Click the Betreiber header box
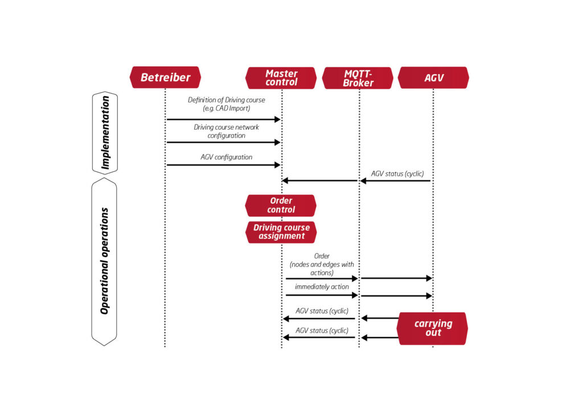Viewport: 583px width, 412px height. point(165,77)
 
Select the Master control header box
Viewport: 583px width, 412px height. point(281,78)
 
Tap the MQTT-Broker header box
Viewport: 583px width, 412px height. point(358,78)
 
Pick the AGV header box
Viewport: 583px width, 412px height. point(433,78)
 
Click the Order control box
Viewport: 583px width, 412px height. point(281,205)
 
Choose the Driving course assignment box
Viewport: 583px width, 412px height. point(281,232)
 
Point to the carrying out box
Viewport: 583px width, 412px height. point(433,328)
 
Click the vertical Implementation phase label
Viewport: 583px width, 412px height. point(105,133)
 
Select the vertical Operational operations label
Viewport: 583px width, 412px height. point(105,261)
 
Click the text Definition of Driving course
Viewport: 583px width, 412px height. point(226,100)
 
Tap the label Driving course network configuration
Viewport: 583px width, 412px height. point(226,131)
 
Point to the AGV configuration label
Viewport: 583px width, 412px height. point(226,157)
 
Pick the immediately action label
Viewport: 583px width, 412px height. point(322,287)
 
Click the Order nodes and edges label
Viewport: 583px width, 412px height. point(322,264)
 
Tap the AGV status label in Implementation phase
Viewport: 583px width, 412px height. point(397,173)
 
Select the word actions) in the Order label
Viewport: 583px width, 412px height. point(322,273)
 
